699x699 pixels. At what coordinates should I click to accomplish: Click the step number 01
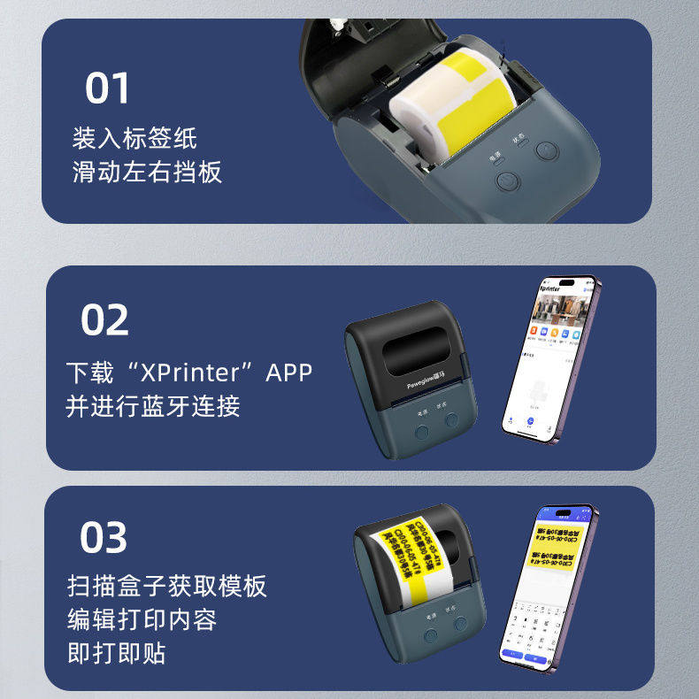[107, 88]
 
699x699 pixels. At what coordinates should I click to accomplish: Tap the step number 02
[104, 320]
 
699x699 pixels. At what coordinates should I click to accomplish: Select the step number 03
[104, 537]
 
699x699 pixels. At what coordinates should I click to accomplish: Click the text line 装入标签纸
[134, 139]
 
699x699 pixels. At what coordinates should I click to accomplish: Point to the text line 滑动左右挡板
[147, 171]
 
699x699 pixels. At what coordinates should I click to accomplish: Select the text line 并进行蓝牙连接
[152, 406]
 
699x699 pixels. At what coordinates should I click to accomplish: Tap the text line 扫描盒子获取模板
[166, 586]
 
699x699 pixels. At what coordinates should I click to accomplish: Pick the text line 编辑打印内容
[142, 618]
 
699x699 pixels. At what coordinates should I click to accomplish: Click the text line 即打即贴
[116, 653]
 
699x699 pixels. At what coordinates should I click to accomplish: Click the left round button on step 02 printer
[422, 431]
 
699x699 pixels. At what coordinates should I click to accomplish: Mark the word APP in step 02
[288, 373]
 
